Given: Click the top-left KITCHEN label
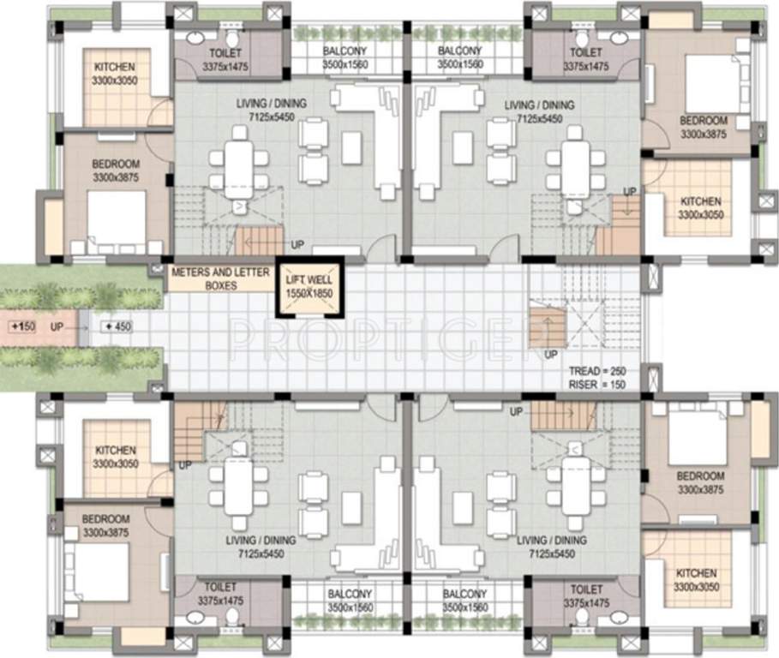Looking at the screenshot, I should click(116, 67).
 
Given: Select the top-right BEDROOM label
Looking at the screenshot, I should click(703, 122).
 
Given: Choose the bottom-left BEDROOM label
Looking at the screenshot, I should click(107, 518).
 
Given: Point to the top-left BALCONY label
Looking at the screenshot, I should click(345, 51).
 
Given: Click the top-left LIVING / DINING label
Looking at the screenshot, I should click(271, 105).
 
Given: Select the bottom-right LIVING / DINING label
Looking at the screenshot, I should click(551, 541).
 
